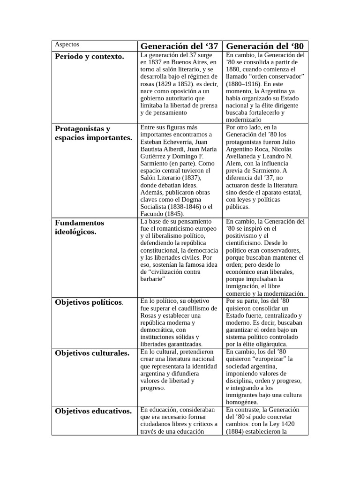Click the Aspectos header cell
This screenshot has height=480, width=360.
67,45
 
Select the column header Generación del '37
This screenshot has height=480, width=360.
179,46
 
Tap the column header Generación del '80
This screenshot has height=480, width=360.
265,46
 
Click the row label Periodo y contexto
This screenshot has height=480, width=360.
90,56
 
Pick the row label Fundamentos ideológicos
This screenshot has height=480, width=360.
80,227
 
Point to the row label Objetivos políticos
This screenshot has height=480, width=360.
89,302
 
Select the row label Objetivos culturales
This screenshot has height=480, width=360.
92,353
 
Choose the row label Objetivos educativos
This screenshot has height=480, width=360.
93,411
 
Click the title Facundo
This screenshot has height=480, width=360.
152,214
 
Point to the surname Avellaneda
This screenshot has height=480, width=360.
243,156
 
